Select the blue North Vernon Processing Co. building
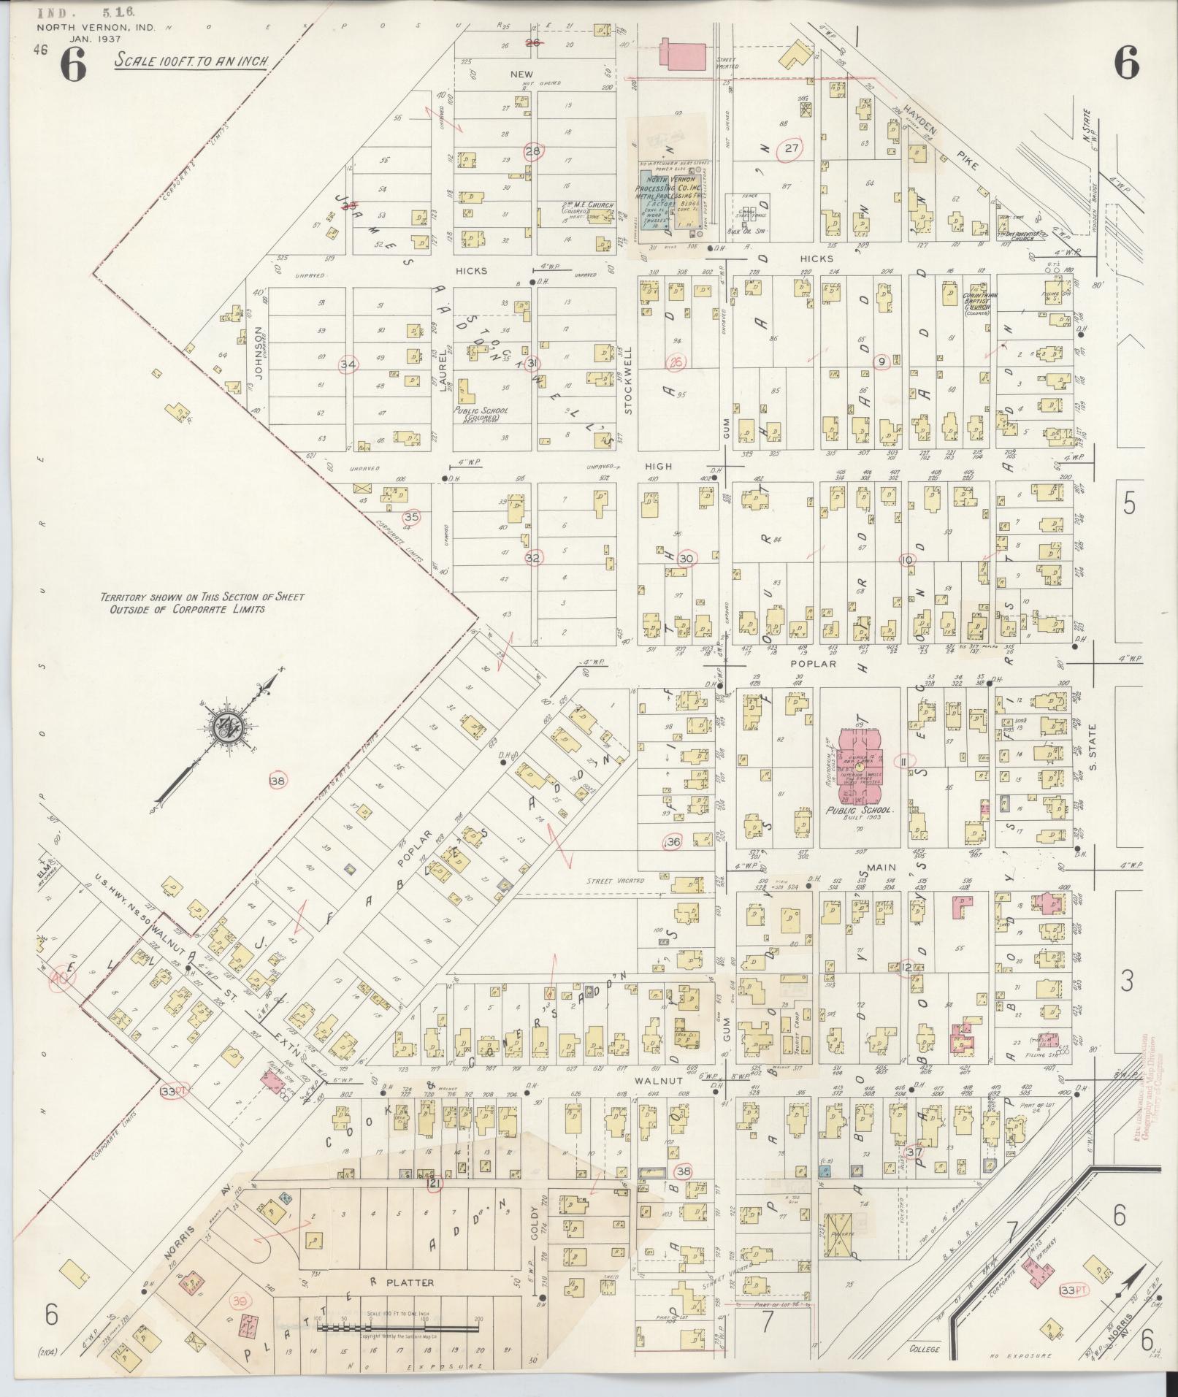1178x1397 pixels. tap(672, 207)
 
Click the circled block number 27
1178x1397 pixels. tap(790, 149)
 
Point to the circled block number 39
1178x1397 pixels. tap(238, 1300)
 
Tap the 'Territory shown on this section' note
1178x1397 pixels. tap(202, 602)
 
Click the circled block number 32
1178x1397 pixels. tap(534, 557)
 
